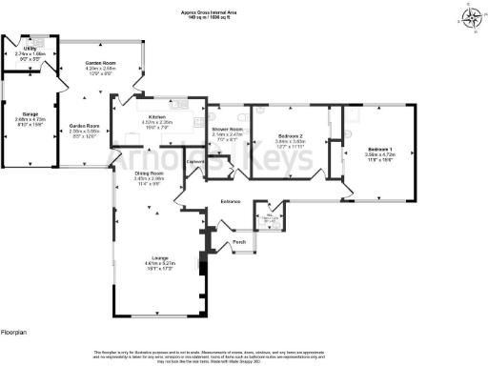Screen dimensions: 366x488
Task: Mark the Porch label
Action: click(x=240, y=242)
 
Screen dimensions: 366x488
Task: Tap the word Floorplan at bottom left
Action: click(x=15, y=331)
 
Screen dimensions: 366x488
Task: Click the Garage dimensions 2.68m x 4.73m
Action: click(x=21, y=119)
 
